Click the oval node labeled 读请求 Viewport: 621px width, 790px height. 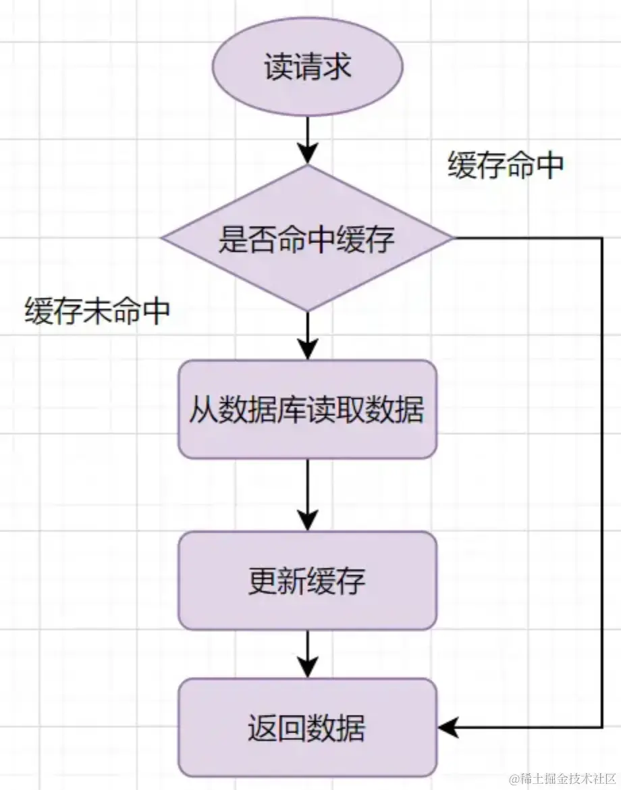click(308, 66)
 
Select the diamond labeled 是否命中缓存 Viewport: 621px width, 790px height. click(308, 238)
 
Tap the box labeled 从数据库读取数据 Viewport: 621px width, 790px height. click(308, 409)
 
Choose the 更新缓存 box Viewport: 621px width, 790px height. click(308, 581)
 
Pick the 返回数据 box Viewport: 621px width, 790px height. click(308, 727)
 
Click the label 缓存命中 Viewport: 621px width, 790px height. click(506, 165)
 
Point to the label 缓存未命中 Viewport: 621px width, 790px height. click(97, 311)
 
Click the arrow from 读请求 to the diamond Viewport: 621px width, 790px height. click(308, 140)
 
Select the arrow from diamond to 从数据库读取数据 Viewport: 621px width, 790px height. click(308, 336)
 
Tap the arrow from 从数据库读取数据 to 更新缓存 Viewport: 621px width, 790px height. click(308, 495)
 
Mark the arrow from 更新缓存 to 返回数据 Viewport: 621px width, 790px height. click(308, 654)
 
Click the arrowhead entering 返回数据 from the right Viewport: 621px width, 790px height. click(448, 727)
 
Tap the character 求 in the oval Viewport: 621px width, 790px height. click(336, 66)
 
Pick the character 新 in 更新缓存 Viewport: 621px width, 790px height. click(292, 581)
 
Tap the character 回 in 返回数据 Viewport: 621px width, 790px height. click(292, 728)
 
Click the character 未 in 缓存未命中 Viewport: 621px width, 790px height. click(97, 311)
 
